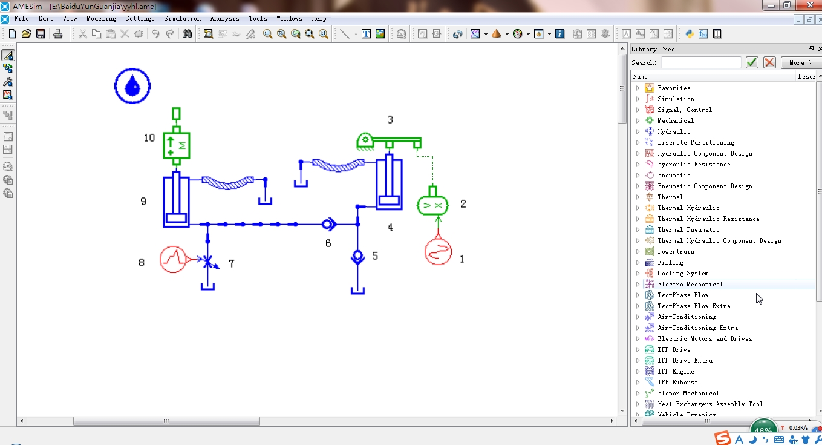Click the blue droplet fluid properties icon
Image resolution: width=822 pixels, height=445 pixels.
pos(132,86)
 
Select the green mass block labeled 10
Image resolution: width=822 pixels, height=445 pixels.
pos(177,145)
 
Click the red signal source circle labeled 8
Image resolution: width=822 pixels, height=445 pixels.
pos(173,259)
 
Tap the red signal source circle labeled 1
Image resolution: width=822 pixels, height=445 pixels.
pos(438,252)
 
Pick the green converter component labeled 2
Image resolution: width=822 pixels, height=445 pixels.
pos(432,205)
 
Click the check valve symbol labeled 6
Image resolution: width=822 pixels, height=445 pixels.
pos(329,224)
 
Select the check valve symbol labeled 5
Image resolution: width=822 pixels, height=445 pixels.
pos(358,257)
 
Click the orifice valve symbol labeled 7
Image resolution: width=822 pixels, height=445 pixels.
pos(208,262)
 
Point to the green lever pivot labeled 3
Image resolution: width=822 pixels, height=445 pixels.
pos(365,142)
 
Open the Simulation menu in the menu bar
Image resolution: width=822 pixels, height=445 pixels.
pos(182,18)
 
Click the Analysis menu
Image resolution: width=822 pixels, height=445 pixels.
pos(224,18)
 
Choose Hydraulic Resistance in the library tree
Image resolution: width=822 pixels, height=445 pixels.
pos(694,164)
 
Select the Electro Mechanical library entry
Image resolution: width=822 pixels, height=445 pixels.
pos(690,284)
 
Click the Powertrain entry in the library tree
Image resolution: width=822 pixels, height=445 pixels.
pos(676,251)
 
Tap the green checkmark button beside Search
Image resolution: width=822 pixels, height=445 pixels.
pos(752,62)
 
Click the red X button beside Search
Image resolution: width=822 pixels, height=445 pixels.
pos(769,62)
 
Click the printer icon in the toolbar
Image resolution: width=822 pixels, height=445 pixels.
pos(57,34)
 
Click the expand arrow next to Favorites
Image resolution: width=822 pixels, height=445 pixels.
pos(638,88)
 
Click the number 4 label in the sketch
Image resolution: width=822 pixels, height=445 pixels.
pos(390,228)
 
